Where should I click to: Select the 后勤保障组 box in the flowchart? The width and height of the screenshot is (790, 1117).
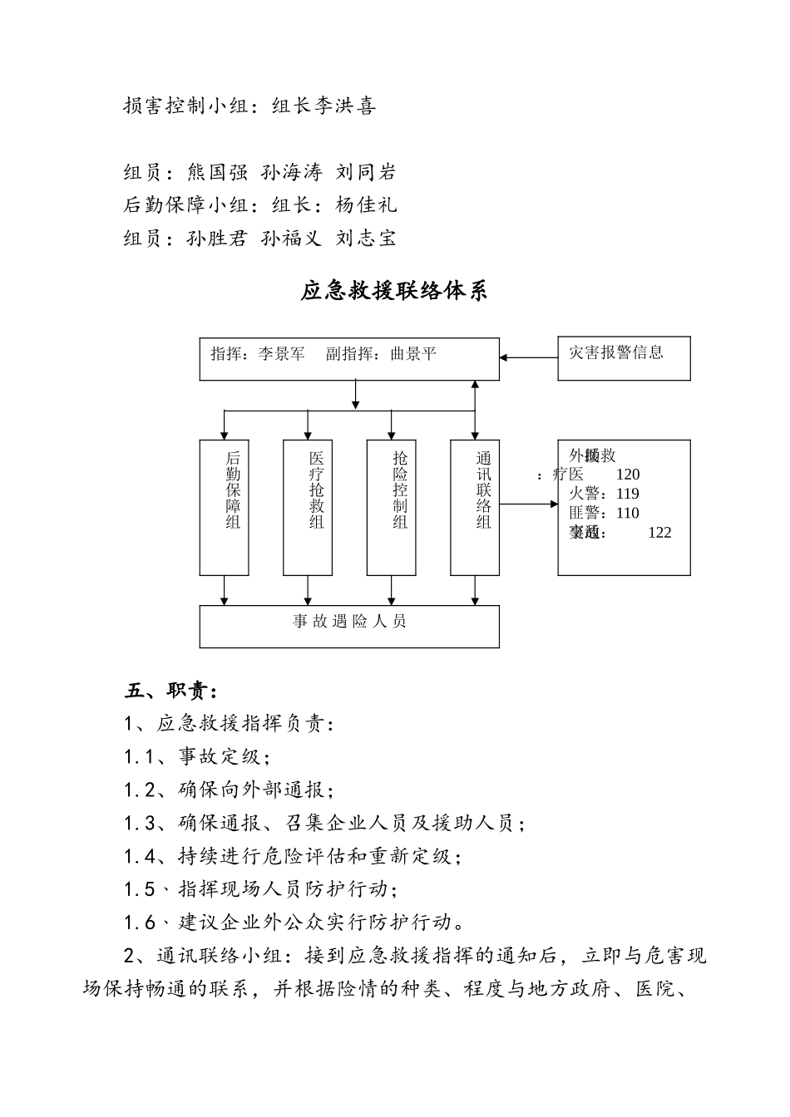coord(225,507)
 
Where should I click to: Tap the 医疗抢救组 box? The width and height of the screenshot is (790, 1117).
coord(308,507)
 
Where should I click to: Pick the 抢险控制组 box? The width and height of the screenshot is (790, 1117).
coord(392,507)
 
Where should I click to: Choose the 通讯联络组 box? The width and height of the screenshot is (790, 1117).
coord(475,507)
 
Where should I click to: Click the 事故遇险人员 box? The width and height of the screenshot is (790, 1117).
coord(349,626)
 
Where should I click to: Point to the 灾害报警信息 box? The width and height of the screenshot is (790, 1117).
coord(624,358)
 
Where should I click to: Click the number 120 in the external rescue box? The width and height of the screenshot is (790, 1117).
coord(628,475)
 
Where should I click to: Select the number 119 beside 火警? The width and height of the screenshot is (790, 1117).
coord(628,494)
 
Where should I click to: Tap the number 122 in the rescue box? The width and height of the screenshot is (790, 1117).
coord(659,533)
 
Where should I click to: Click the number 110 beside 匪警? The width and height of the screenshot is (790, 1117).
coord(628,513)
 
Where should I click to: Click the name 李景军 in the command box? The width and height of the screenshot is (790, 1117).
coord(282,354)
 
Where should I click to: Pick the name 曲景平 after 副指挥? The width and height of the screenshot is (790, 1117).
coord(413,354)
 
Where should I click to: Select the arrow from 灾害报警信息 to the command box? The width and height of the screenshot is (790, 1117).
coord(528,358)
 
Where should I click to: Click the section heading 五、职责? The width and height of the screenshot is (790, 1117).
coord(171,691)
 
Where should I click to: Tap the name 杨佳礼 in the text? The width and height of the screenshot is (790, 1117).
coord(367,205)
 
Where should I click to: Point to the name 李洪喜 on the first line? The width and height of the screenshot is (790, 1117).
coord(345,106)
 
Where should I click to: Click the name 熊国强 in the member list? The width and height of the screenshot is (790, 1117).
coord(218,173)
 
